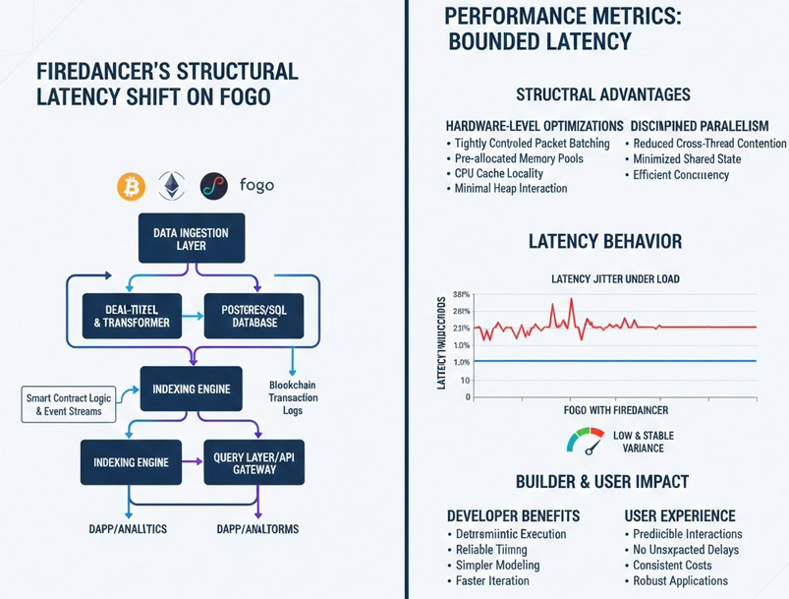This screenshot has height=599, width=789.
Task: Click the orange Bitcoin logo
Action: pyautogui.click(x=130, y=186)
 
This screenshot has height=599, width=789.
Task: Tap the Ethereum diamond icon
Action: pyautogui.click(x=172, y=185)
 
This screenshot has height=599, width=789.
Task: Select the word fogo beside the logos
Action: pyautogui.click(x=256, y=185)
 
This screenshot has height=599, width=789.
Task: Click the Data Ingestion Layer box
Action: pyautogui.click(x=191, y=239)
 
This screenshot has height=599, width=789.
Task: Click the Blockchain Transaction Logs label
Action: pyautogui.click(x=293, y=398)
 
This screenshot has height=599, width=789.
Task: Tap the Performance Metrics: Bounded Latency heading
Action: pyautogui.click(x=537, y=29)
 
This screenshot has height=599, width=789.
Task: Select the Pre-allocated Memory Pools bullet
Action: pyautogui.click(x=519, y=158)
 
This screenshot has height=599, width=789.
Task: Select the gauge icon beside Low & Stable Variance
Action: pyautogui.click(x=587, y=440)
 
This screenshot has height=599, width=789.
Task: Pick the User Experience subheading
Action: pyautogui.click(x=680, y=515)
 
